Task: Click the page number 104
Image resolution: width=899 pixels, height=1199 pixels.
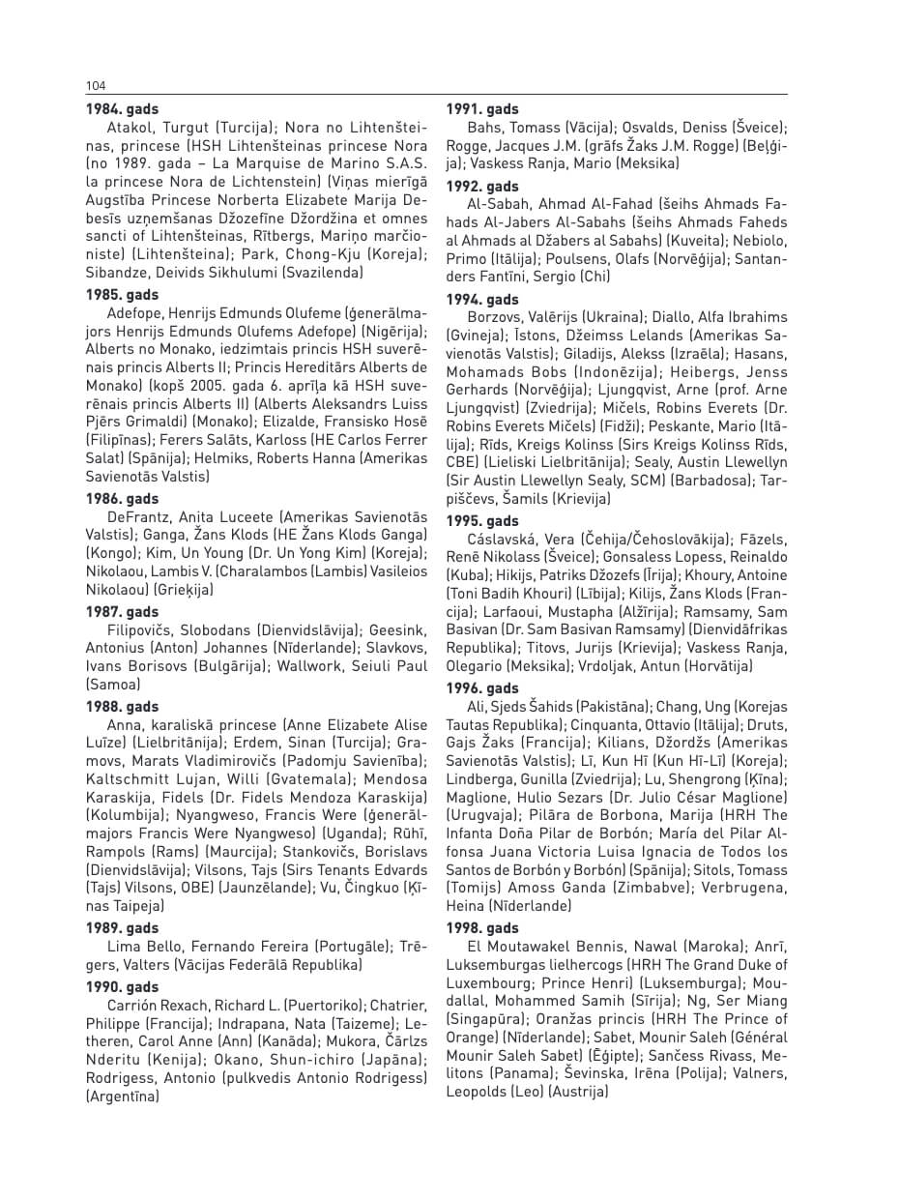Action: [95, 85]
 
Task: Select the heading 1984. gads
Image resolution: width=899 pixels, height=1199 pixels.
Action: [123, 109]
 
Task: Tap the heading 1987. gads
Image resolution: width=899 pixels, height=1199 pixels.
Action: [123, 612]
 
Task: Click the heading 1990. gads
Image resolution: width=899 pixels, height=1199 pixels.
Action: [123, 987]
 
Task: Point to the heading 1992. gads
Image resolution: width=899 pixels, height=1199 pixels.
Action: [482, 187]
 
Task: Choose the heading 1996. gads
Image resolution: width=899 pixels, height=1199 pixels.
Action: [482, 688]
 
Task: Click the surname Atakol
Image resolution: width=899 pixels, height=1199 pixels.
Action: [130, 127]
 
